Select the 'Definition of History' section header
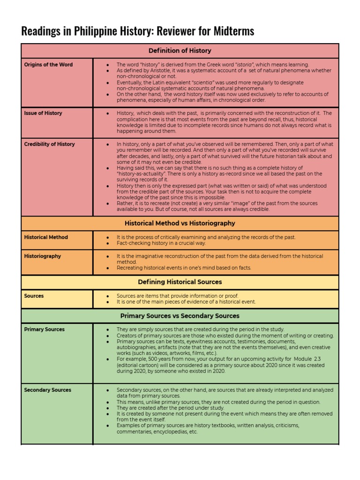click(180, 51)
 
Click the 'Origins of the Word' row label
click(48, 65)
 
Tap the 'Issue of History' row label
click(43, 113)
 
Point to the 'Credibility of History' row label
click(49, 144)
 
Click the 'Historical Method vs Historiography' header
click(180, 223)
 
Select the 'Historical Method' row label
click(46, 237)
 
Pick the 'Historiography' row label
click(42, 256)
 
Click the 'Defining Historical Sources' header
click(180, 282)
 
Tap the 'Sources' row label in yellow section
click(34, 296)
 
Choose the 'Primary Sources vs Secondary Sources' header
click(180, 315)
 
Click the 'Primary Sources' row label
click(44, 330)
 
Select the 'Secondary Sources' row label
click(47, 390)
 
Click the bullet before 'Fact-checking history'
click(108, 244)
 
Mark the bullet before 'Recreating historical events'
click(108, 268)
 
